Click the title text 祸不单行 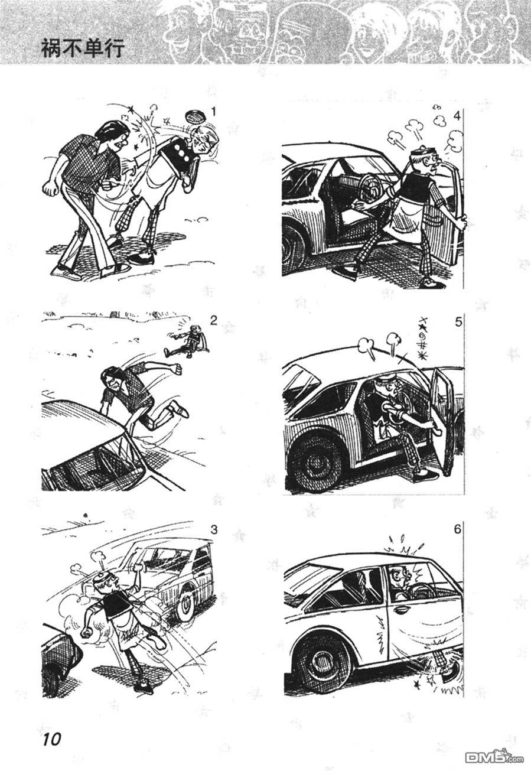tap(83, 48)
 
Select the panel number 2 tap(214, 321)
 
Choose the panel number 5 tap(457, 323)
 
